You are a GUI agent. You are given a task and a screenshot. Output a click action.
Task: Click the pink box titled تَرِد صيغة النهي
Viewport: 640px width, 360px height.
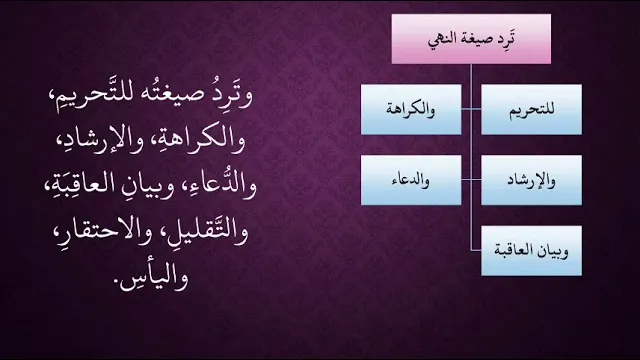[x=471, y=39]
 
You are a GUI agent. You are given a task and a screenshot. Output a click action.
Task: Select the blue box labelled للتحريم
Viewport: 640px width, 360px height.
[x=531, y=109]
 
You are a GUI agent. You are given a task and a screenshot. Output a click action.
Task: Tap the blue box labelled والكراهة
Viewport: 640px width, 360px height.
[x=411, y=109]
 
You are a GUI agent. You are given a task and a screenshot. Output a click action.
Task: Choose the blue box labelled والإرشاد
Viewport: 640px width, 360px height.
[x=531, y=180]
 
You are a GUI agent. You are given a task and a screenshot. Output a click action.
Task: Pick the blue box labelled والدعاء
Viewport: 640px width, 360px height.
[x=411, y=180]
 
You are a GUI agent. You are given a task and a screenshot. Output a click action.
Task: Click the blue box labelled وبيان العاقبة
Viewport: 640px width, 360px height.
[x=531, y=251]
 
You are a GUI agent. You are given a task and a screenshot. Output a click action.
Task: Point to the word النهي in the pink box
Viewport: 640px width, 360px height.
[x=442, y=40]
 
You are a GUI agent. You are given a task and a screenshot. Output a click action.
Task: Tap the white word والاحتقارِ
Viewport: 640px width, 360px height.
[x=99, y=233]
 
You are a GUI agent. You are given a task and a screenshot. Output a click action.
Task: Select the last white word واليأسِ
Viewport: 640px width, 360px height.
[x=157, y=278]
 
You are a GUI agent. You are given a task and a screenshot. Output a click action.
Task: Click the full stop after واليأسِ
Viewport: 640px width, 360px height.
[x=121, y=288]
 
